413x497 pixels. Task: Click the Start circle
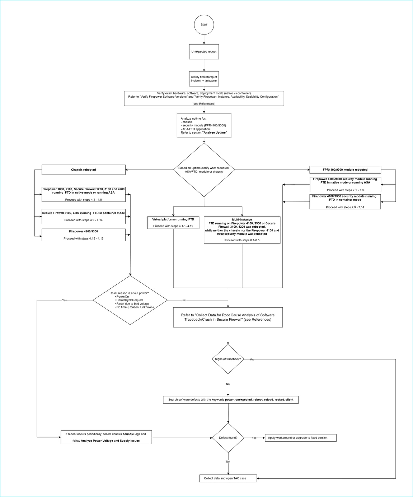204,25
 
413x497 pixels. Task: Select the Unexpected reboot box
204,52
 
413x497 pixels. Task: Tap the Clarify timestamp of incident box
204,79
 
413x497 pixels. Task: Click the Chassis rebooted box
84,170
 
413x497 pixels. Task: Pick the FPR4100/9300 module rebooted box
345,169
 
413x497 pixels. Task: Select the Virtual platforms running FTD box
173,223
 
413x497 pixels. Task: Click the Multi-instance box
242,230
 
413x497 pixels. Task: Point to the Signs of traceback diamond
228,359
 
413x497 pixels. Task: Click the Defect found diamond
228,438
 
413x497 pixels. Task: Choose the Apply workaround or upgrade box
300,438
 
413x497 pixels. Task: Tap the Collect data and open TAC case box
228,478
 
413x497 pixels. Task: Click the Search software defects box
231,400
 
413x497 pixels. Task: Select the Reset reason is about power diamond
130,300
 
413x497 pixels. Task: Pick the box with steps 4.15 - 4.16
84,235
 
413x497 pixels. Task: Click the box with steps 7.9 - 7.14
345,202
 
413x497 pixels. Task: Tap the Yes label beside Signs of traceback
252,359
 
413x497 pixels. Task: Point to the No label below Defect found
228,462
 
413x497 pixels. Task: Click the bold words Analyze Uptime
215,133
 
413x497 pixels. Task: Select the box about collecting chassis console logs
106,437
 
